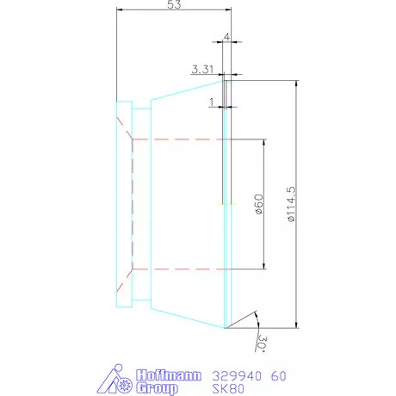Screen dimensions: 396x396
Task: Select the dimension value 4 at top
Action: (x=226, y=38)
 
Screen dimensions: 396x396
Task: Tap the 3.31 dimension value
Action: (x=202, y=69)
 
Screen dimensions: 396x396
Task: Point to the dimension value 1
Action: (x=211, y=102)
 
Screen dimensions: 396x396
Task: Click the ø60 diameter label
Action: (x=257, y=204)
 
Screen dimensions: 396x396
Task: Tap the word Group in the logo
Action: (x=159, y=388)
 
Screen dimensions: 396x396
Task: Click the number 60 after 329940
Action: (x=280, y=376)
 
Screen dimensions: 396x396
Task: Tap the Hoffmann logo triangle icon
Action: (x=114, y=381)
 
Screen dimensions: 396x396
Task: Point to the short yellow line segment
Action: (x=226, y=204)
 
